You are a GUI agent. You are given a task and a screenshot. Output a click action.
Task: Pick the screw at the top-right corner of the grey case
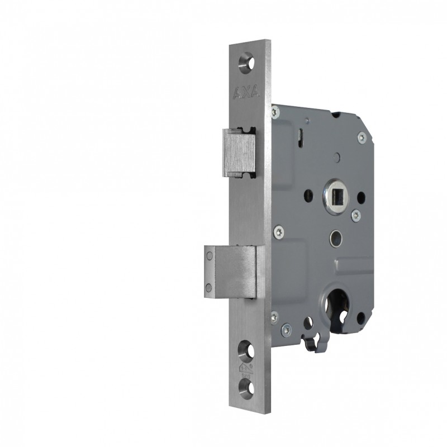pos(362,135)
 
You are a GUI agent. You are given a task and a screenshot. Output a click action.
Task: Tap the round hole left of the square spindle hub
pos(308,197)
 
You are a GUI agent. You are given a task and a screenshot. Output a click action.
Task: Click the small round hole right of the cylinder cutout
pos(360,318)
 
